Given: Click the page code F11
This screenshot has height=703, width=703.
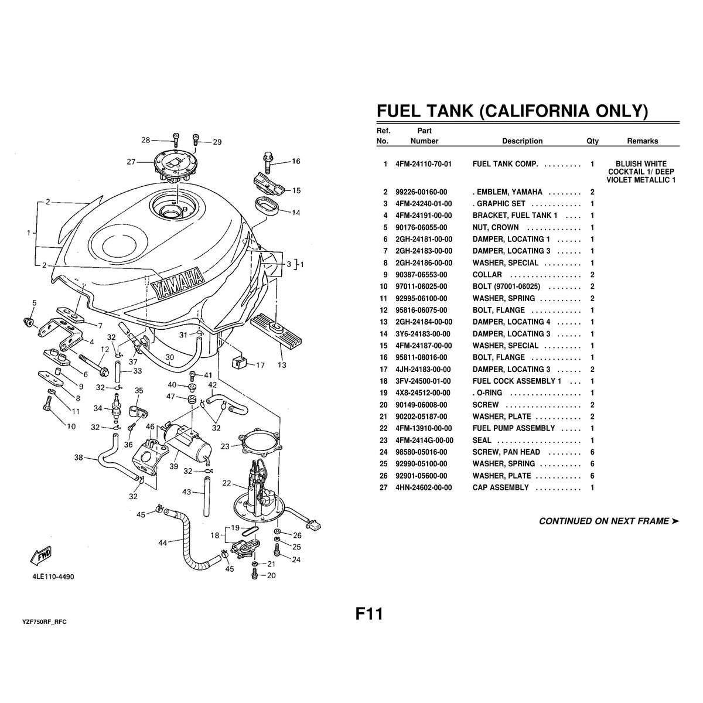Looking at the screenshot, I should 369,614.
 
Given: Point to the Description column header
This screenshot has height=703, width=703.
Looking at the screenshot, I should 522,141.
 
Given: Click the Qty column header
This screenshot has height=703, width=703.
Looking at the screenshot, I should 592,141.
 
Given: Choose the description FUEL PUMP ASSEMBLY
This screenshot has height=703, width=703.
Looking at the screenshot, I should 513,428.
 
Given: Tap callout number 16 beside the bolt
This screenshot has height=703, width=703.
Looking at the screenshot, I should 295,161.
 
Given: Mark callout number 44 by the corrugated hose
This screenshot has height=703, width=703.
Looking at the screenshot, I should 163,542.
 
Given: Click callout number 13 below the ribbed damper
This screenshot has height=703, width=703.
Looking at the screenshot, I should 282,364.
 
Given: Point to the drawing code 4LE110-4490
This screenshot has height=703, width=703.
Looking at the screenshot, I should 53,576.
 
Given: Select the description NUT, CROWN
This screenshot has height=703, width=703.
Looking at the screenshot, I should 495,227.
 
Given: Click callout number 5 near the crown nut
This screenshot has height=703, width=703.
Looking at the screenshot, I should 34,303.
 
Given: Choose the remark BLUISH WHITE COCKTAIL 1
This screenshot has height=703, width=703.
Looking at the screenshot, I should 641,168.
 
